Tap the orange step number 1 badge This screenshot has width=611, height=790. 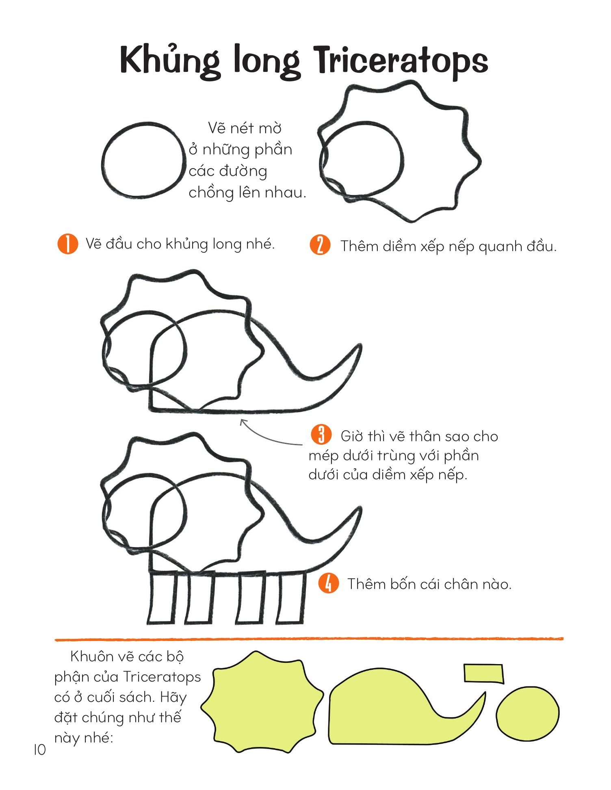pyautogui.click(x=67, y=244)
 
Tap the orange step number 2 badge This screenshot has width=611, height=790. pyautogui.click(x=320, y=246)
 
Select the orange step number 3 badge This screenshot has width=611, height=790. pyautogui.click(x=321, y=435)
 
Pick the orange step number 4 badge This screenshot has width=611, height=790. pyautogui.click(x=328, y=583)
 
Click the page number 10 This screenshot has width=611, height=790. pyautogui.click(x=40, y=750)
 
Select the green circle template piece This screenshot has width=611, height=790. pyautogui.click(x=528, y=713)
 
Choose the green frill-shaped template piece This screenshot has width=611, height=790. pyautogui.click(x=262, y=702)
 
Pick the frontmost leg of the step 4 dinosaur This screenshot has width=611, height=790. pyautogui.click(x=162, y=597)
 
